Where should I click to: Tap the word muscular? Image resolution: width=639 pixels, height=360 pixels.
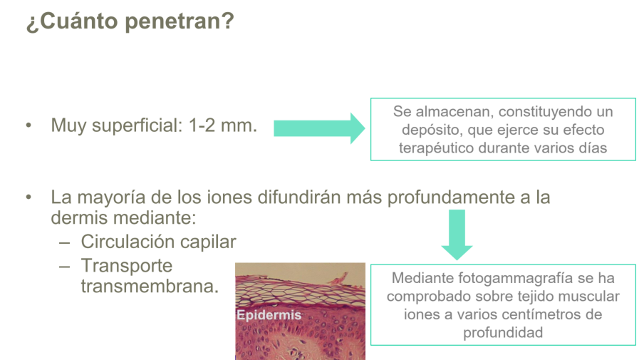594,296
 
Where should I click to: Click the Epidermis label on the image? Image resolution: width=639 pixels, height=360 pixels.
269,314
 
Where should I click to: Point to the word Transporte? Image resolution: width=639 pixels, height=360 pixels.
127,265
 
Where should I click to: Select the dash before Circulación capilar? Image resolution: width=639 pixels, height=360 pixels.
65,242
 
